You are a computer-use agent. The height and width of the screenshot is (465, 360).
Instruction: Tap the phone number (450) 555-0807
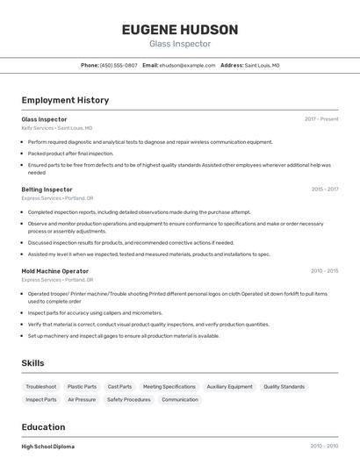point(119,65)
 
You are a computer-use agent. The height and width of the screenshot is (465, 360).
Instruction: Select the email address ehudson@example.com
point(187,65)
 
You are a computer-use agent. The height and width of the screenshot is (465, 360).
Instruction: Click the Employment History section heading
point(65,100)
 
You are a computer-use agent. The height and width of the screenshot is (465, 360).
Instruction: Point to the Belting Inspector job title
point(47,190)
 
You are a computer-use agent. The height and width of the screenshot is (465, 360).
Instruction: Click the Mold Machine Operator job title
point(54,271)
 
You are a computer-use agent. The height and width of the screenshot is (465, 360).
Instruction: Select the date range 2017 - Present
point(321,119)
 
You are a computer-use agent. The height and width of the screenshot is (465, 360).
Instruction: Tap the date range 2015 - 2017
point(325,190)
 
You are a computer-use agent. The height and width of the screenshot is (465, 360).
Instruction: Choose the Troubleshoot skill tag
point(41,387)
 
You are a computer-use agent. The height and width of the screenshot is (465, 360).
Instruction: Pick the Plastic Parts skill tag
point(83,387)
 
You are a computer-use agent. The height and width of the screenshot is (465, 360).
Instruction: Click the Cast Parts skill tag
point(119,387)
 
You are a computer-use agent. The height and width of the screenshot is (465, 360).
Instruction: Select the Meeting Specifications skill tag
point(169,387)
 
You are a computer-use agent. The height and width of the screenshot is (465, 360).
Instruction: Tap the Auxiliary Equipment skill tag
point(229,387)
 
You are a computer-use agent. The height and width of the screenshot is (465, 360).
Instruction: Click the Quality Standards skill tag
point(284,387)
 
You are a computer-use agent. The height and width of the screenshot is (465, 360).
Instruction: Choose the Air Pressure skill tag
point(82,400)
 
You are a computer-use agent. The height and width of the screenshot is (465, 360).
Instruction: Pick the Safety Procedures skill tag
point(128,400)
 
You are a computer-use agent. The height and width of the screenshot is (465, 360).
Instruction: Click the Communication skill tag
point(180,400)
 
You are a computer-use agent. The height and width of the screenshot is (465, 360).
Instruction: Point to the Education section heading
point(43,427)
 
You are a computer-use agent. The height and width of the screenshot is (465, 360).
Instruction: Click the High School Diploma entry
point(48,447)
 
